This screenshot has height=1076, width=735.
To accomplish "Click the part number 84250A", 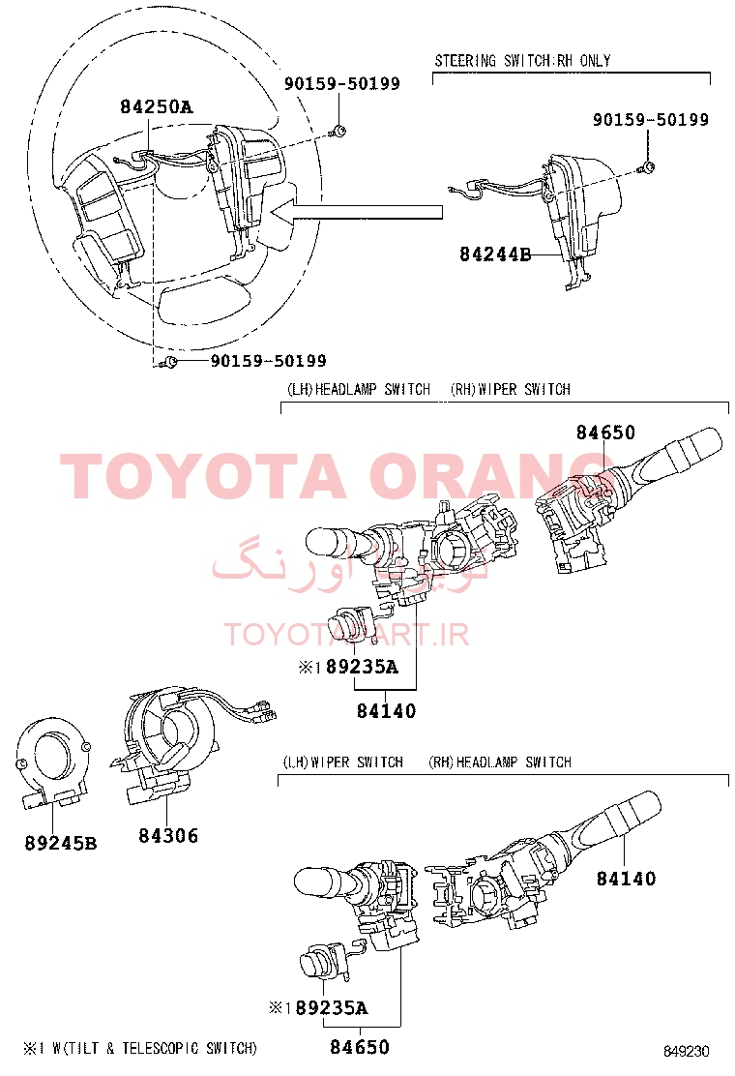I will (x=156, y=107).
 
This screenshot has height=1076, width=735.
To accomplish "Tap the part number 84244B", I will (x=495, y=254).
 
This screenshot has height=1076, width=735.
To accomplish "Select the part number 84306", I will (x=168, y=835).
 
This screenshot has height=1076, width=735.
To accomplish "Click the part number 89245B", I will (x=61, y=843).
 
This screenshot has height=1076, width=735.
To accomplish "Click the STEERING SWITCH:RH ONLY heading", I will (x=522, y=61).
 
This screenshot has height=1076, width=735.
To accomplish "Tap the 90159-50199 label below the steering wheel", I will (x=268, y=361).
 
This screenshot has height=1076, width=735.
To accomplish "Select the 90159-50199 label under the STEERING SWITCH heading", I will (x=650, y=120).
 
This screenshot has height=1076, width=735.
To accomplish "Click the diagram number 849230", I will (x=687, y=1051).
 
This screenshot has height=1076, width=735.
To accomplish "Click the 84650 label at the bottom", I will (x=359, y=1047).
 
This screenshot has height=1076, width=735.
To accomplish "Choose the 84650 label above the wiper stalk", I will (x=605, y=433).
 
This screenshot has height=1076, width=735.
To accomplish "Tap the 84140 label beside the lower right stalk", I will (x=625, y=879).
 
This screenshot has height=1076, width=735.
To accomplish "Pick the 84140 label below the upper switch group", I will (x=386, y=711).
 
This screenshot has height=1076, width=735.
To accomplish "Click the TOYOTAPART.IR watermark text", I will (x=346, y=635).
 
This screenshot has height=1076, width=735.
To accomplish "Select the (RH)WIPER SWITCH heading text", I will (x=510, y=389).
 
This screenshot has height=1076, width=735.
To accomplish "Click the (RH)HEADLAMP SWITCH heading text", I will (x=499, y=762).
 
